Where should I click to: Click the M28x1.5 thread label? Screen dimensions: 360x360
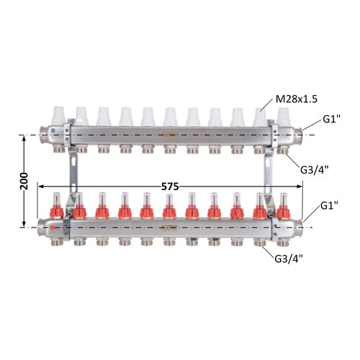[297, 99]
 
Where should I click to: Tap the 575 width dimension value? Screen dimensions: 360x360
[170, 186]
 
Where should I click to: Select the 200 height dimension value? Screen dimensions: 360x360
[24, 181]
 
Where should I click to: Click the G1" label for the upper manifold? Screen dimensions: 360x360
[331, 120]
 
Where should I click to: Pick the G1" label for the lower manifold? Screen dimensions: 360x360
[329, 206]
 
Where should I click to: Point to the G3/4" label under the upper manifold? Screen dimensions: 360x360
[314, 170]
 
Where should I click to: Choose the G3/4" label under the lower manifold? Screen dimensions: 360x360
[289, 258]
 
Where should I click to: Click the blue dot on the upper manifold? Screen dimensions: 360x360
[53, 131]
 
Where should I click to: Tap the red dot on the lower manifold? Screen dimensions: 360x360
[53, 228]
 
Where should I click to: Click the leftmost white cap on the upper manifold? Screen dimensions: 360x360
[59, 116]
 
